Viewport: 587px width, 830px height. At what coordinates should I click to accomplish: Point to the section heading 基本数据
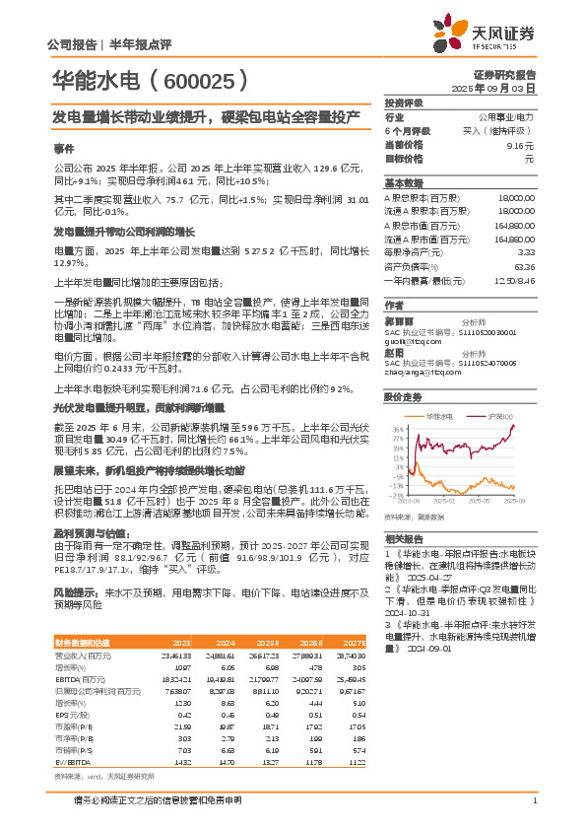[x=403, y=184]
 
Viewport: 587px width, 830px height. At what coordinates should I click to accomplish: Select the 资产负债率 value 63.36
[x=524, y=266]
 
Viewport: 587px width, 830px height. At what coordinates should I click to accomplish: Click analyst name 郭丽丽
[x=399, y=321]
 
